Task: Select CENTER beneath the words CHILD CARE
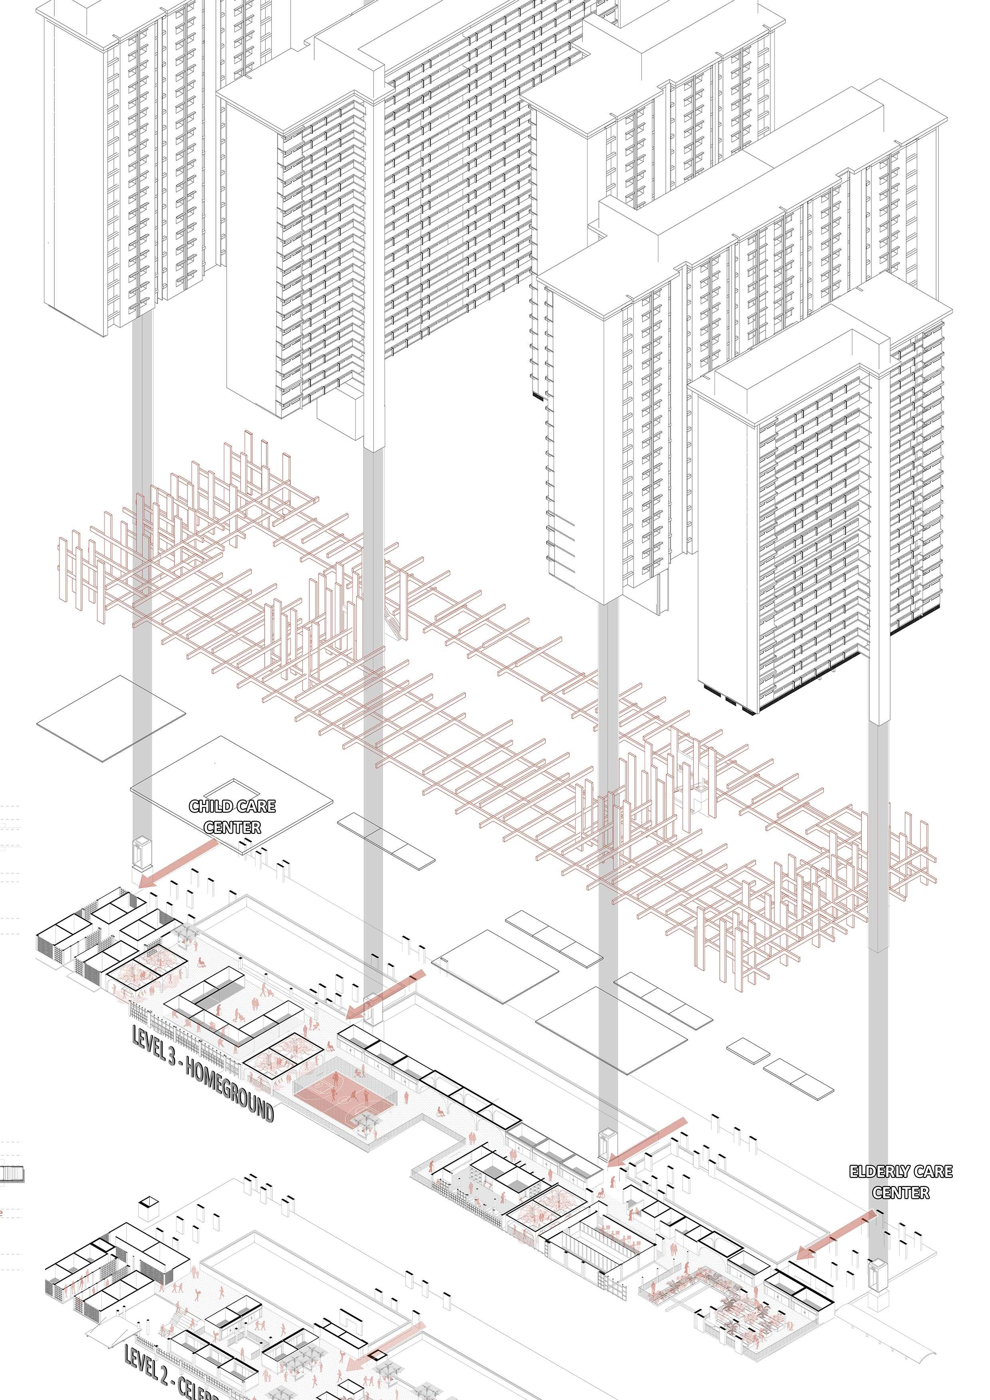(x=232, y=828)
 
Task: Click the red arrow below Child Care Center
(x=177, y=862)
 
